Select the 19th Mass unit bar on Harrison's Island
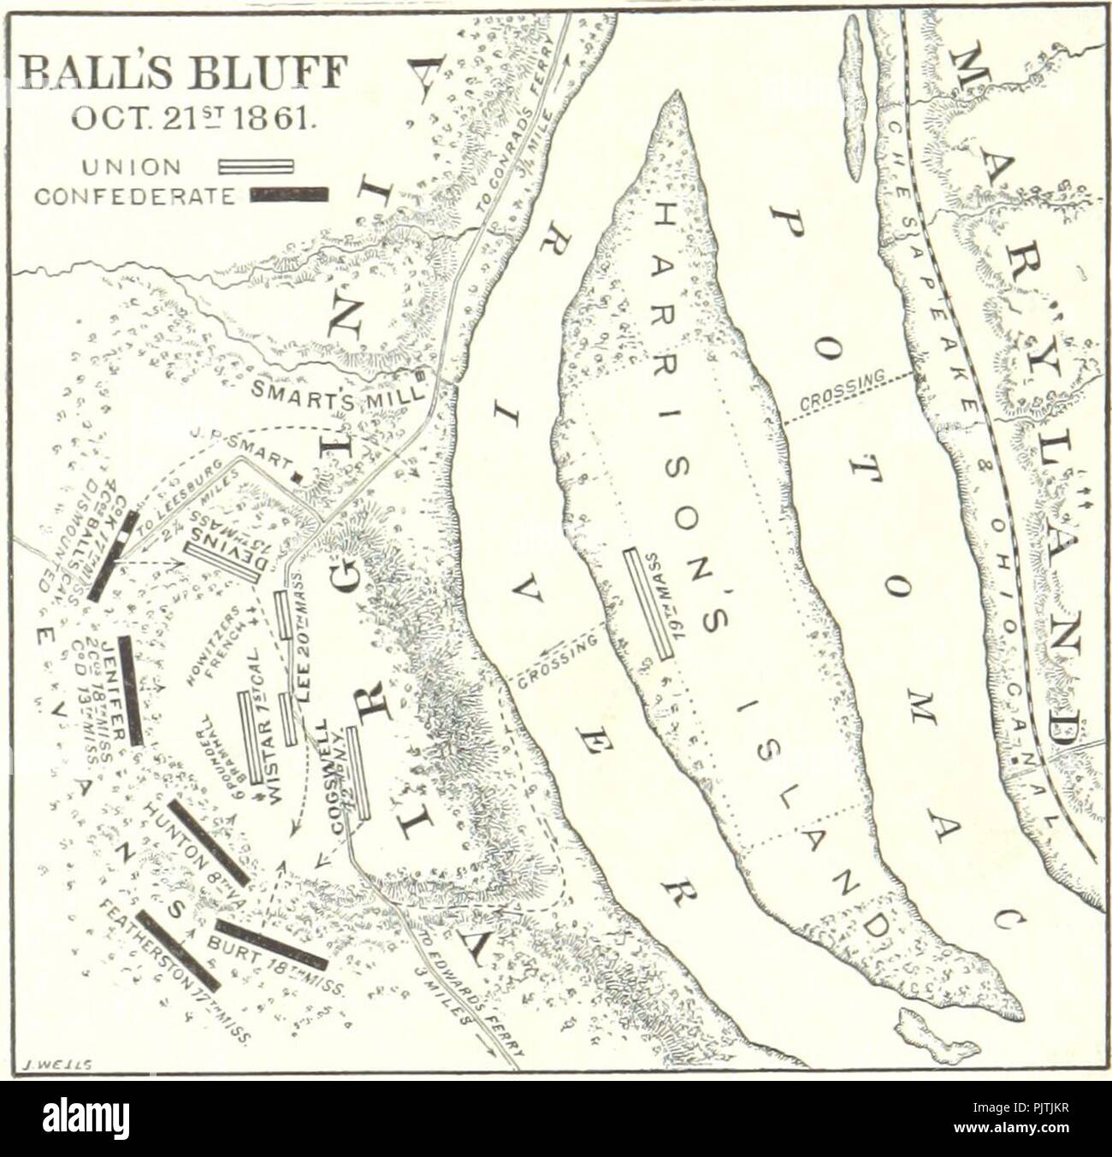click(649, 604)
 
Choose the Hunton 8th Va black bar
click(210, 842)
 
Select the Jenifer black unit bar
click(131, 691)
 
